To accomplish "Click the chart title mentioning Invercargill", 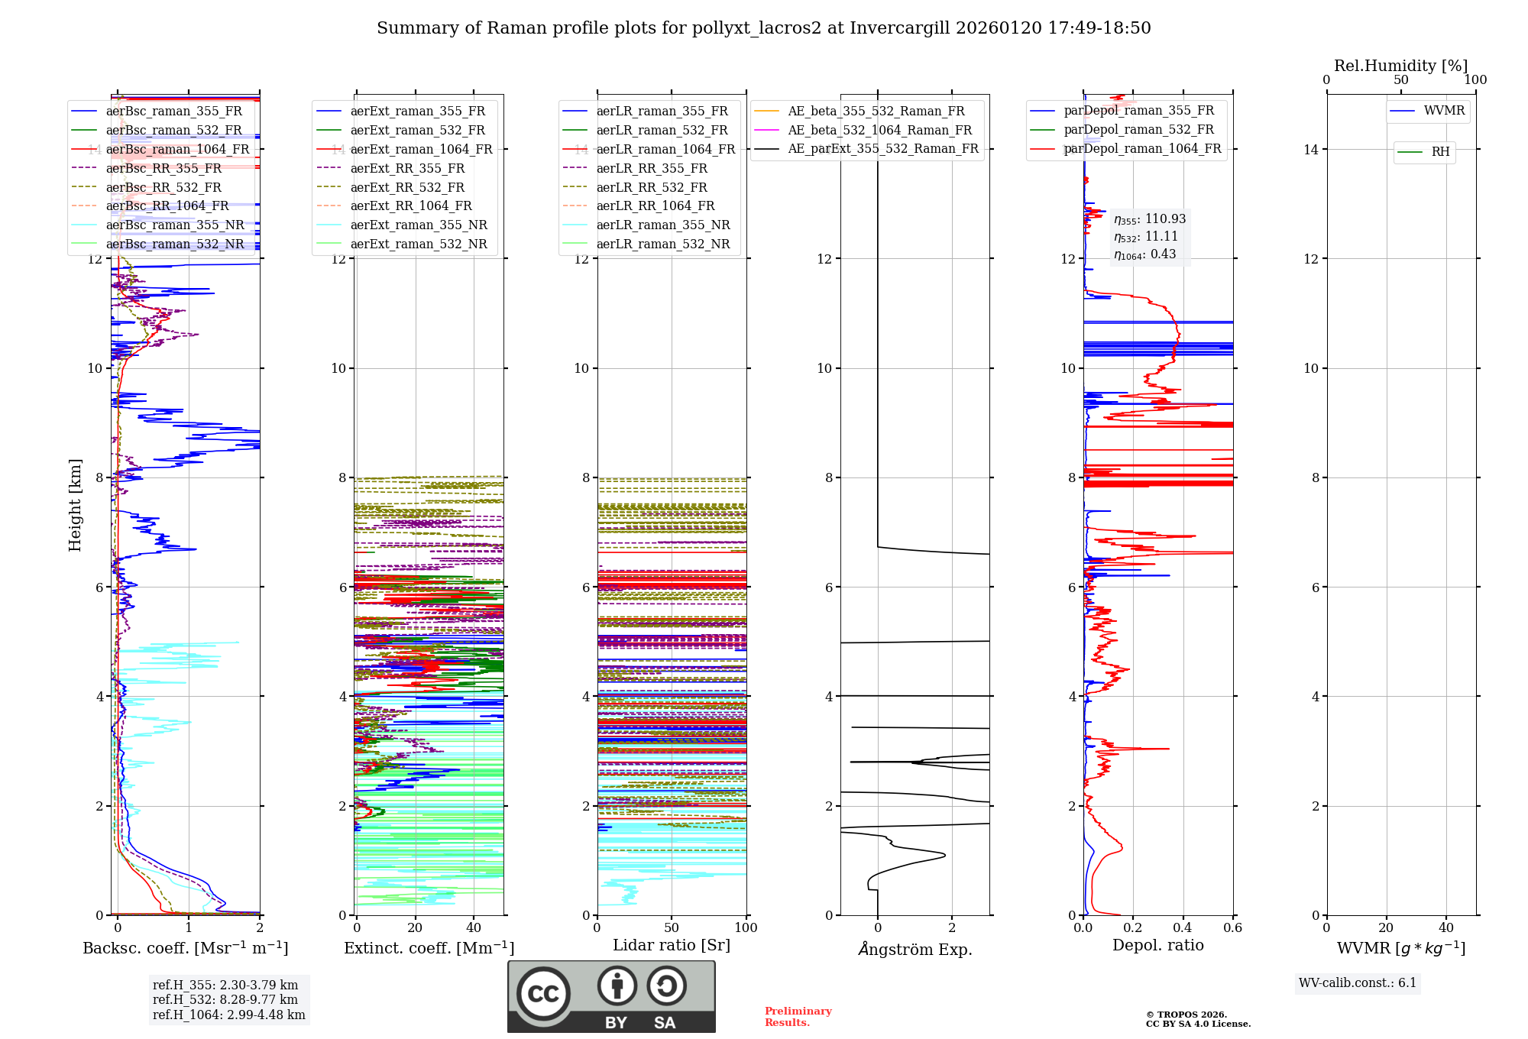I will [763, 28].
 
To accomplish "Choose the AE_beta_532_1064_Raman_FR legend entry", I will [879, 130].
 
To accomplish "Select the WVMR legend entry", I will [1443, 111].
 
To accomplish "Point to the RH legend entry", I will [1440, 152].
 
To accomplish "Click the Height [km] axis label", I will [75, 504].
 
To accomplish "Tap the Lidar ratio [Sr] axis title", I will [671, 945].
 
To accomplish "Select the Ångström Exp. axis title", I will [915, 949].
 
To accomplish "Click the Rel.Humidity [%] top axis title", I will [1400, 66].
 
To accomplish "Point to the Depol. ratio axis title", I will [1157, 945].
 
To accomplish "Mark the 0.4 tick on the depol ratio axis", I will [1183, 927].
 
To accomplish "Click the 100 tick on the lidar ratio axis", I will [746, 927].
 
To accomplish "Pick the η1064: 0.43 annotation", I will [1144, 254].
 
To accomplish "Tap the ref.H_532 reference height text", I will [225, 999].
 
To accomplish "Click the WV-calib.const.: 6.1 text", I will [1357, 982].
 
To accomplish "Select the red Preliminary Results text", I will [798, 1016].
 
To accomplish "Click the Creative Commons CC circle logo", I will [543, 993].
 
